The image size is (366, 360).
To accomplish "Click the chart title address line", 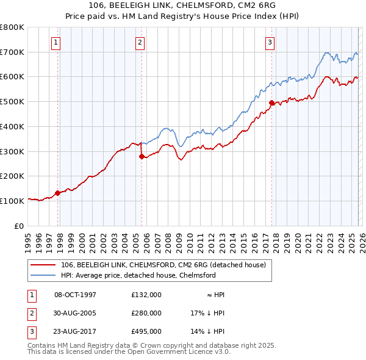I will pyautogui.click(x=182, y=6).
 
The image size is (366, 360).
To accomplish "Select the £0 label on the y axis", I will pyautogui.click(x=20, y=226).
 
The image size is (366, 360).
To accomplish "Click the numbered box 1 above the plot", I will pyautogui.click(x=56, y=42).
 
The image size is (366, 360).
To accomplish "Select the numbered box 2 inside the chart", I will pyautogui.click(x=140, y=42).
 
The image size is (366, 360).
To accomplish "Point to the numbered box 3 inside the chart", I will pyautogui.click(x=269, y=42).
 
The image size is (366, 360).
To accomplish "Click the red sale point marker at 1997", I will pyautogui.click(x=58, y=193).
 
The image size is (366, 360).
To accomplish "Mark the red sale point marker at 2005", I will pyautogui.click(x=142, y=156).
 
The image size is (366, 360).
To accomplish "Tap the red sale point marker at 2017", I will pyautogui.click(x=271, y=103).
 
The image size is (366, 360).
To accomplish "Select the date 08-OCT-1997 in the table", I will pyautogui.click(x=76, y=294).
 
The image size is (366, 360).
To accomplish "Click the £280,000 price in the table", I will pyautogui.click(x=146, y=313).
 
